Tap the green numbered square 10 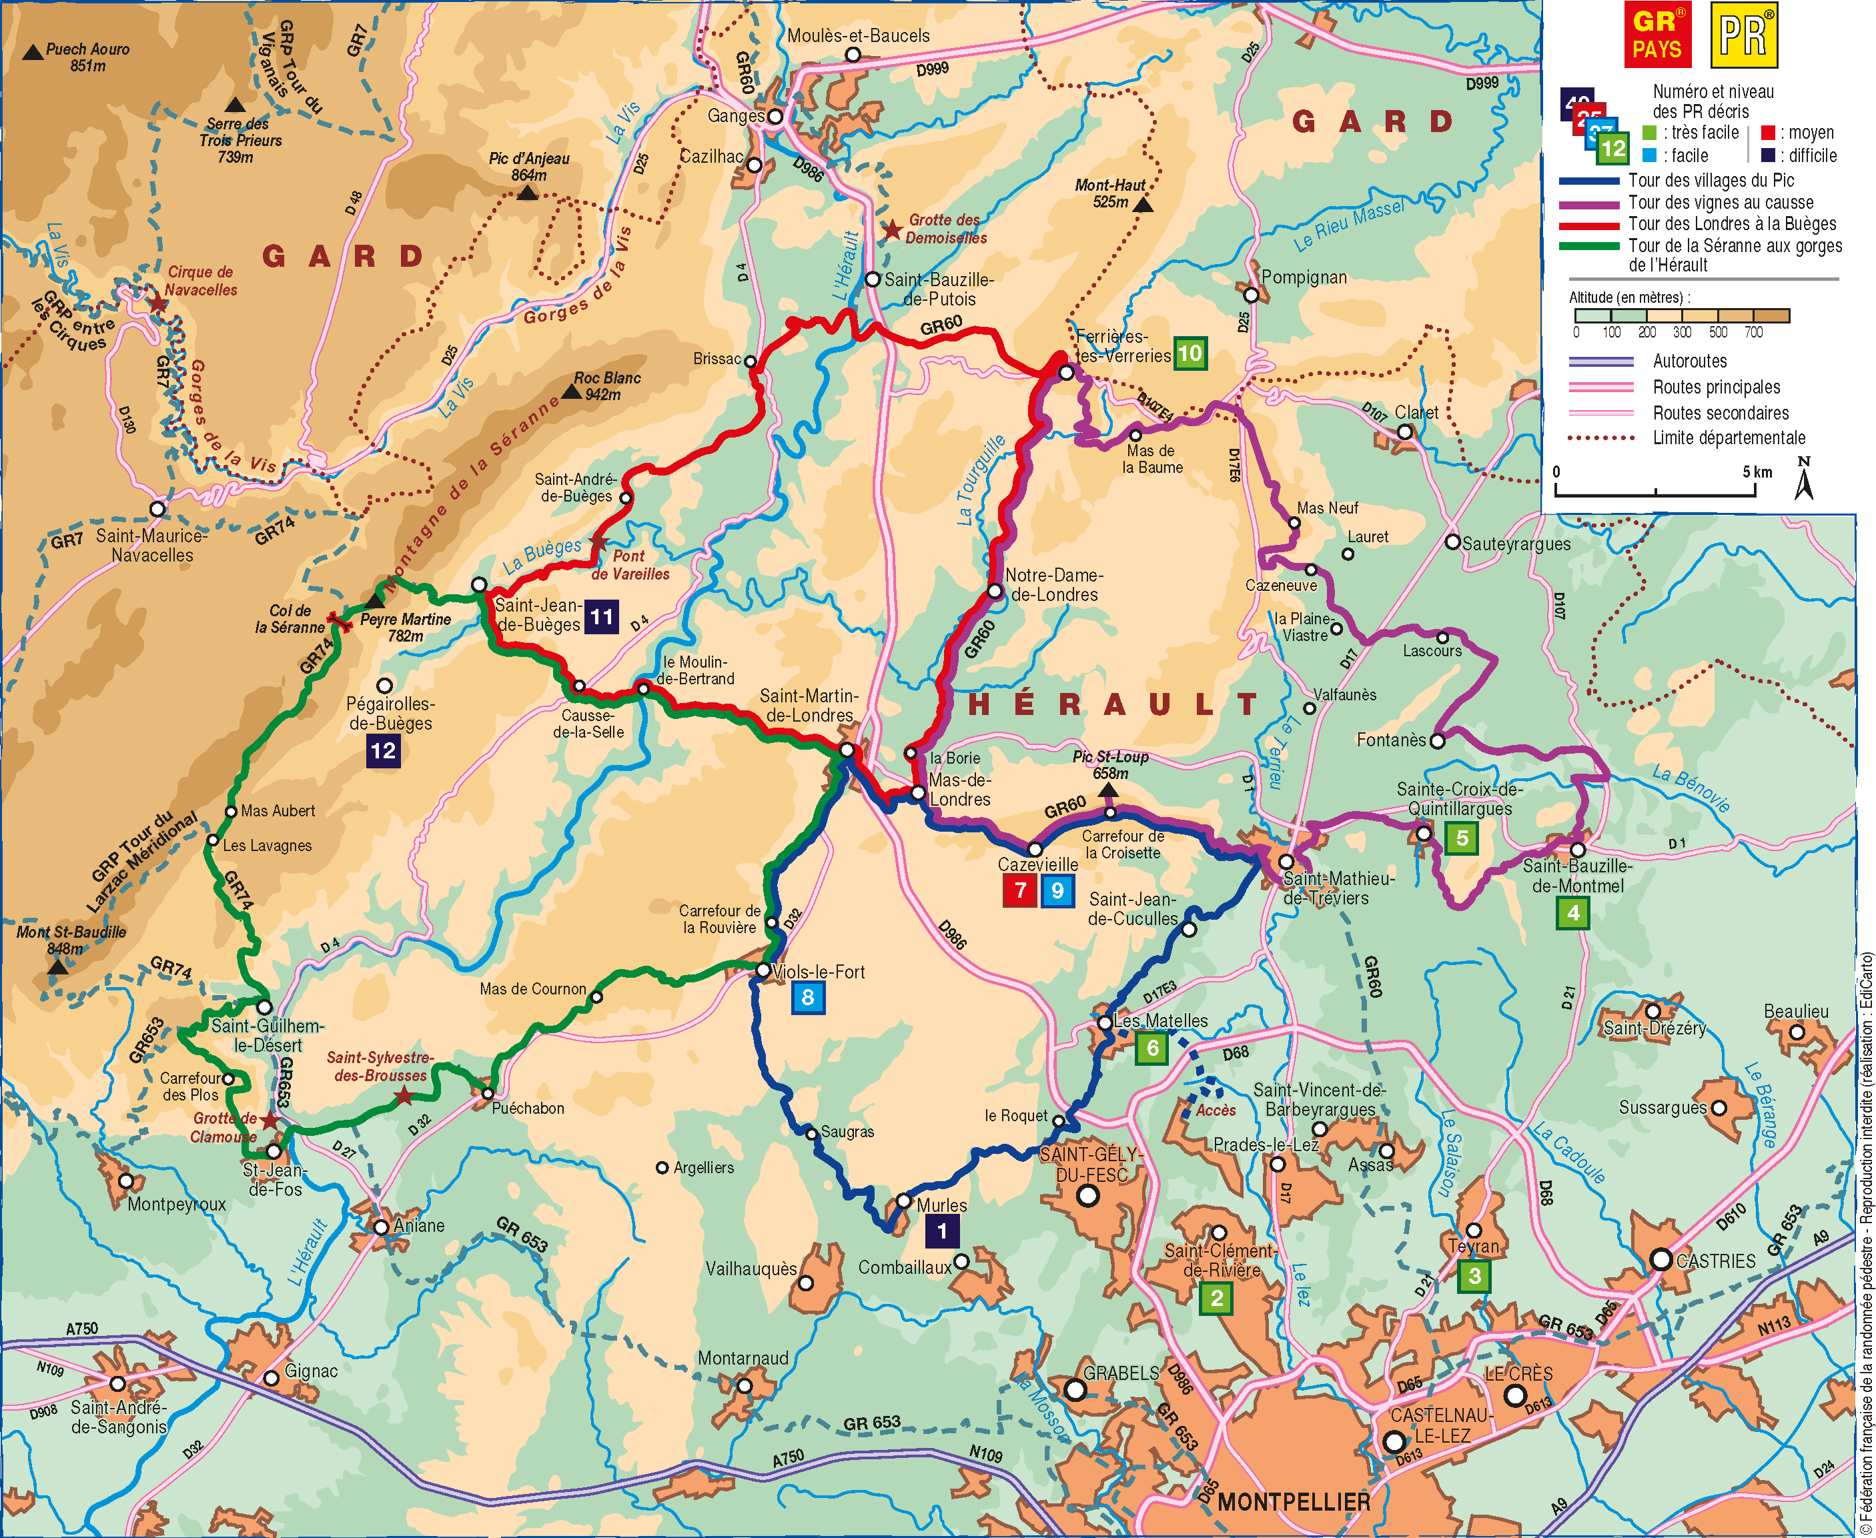[1190, 353]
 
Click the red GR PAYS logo [1657, 35]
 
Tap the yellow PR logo [1744, 35]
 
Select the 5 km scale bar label [1757, 472]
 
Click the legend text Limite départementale [1728, 438]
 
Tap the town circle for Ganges [775, 117]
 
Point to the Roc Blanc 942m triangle [572, 392]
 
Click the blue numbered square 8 [807, 996]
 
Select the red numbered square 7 [1019, 890]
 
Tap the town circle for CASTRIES [1661, 1259]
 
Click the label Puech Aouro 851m [87, 57]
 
